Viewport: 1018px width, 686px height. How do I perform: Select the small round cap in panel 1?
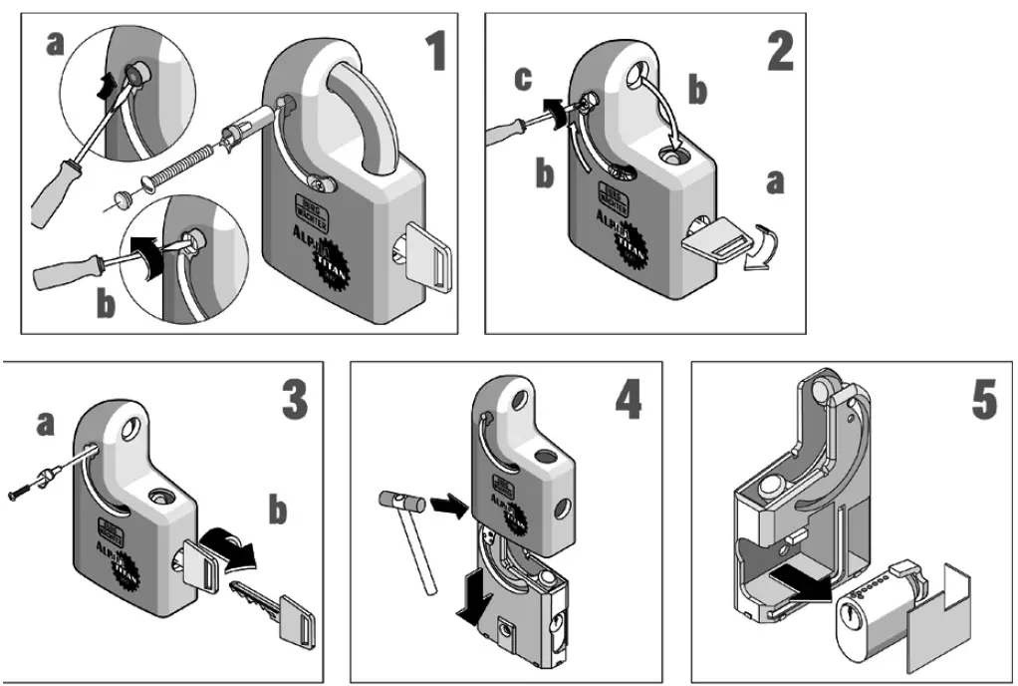[122, 198]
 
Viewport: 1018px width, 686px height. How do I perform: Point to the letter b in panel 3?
[277, 512]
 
